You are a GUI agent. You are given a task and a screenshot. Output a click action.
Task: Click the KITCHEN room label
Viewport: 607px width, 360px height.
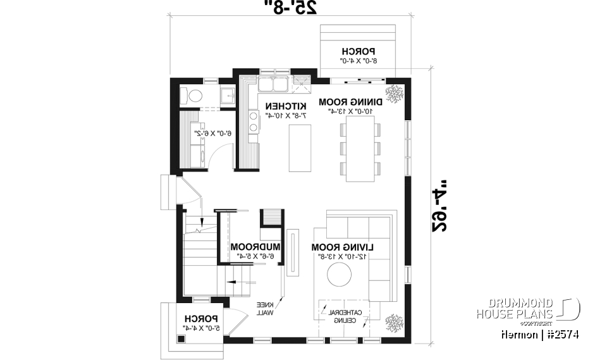[286, 105]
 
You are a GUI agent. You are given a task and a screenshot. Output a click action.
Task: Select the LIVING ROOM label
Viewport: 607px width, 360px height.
[343, 247]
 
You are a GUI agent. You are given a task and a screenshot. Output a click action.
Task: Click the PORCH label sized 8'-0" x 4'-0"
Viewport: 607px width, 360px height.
[359, 51]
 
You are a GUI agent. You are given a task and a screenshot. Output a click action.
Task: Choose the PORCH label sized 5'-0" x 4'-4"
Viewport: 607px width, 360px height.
[201, 319]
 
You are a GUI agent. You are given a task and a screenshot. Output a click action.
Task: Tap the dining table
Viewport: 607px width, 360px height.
[360, 149]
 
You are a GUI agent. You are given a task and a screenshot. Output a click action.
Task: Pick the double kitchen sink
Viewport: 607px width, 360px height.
[273, 84]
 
